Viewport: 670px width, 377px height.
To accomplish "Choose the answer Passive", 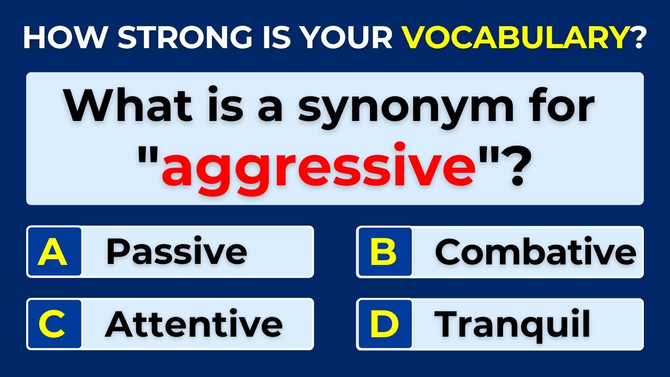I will click(176, 252).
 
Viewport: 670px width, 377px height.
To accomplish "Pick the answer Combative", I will click(535, 252).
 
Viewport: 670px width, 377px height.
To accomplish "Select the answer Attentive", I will click(194, 324).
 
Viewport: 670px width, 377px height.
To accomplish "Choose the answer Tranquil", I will click(512, 324).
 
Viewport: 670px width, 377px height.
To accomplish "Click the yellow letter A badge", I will click(54, 252).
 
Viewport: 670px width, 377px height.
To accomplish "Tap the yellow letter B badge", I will click(384, 252).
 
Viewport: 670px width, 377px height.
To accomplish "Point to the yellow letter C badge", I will click(54, 324).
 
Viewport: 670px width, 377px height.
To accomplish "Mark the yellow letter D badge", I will click(384, 324).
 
